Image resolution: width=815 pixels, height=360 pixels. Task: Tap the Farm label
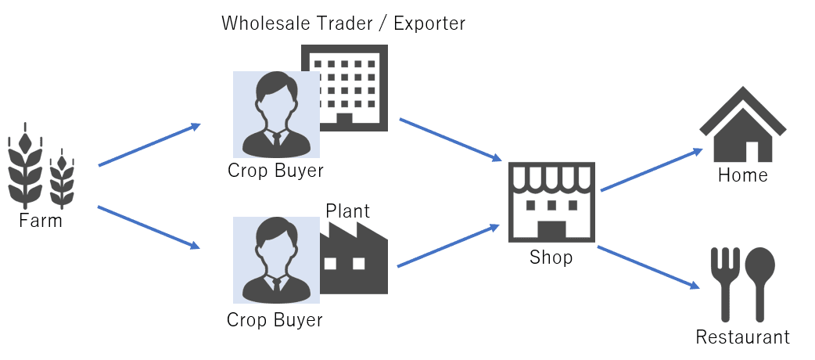[41, 221]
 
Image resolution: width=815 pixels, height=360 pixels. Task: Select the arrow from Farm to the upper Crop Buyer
[149, 145]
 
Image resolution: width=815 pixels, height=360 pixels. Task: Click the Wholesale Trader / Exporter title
[343, 23]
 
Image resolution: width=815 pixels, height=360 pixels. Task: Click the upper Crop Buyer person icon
[276, 114]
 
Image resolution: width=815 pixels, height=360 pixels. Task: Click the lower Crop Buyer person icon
[276, 260]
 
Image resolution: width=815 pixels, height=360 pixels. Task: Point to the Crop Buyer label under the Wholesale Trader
[275, 171]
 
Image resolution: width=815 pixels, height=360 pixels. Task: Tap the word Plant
[347, 211]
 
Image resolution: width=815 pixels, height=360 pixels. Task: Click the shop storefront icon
[551, 202]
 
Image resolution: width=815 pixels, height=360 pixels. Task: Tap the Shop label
[551, 257]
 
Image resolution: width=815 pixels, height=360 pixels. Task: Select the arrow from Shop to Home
[651, 170]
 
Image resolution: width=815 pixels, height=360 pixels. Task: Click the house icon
[742, 125]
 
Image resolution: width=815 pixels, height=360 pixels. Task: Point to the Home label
[742, 175]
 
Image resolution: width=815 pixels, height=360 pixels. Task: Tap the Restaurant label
[742, 338]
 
